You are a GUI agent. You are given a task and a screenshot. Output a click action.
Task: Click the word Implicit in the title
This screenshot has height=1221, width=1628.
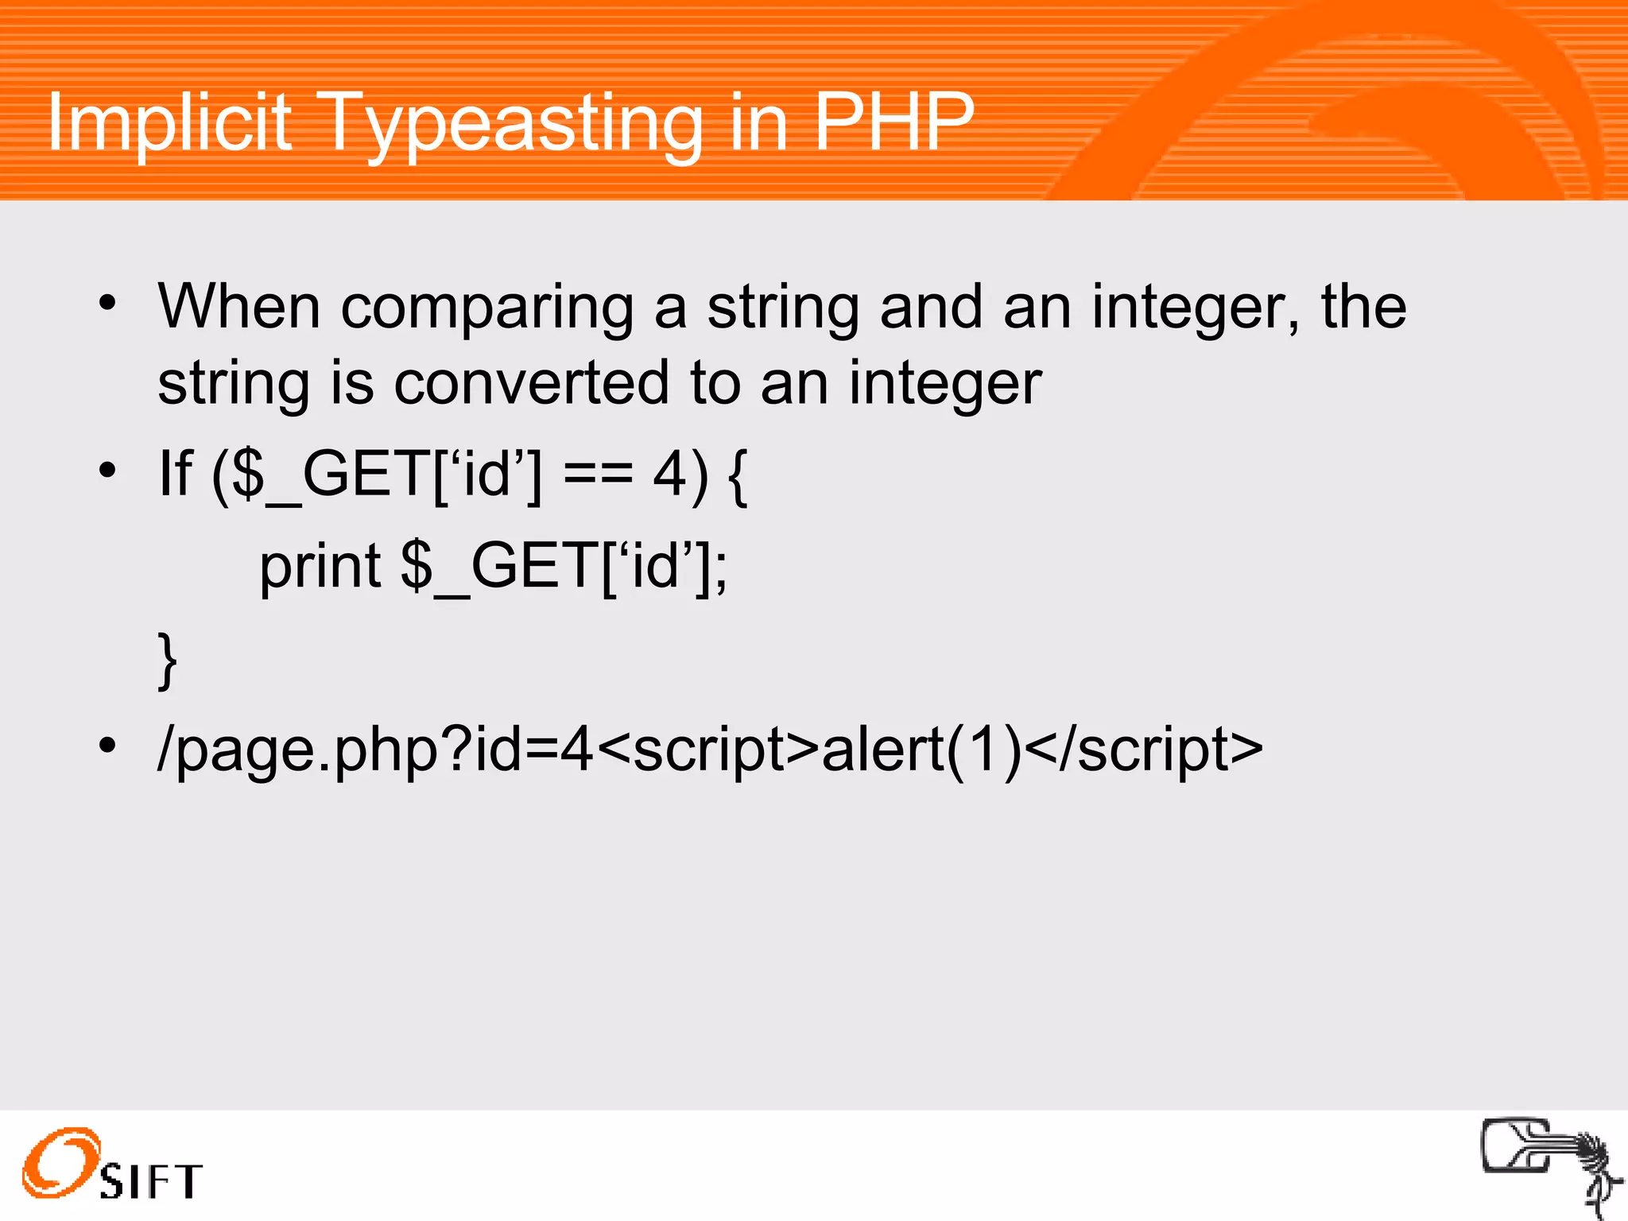pos(169,123)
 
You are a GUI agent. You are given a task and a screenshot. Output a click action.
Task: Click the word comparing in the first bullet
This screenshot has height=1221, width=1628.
pos(486,308)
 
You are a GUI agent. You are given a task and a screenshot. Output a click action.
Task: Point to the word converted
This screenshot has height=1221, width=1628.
pos(531,384)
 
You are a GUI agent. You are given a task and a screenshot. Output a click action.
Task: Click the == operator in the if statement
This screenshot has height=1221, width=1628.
pos(598,475)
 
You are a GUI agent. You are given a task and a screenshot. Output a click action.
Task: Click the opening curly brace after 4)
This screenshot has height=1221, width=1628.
pos(738,476)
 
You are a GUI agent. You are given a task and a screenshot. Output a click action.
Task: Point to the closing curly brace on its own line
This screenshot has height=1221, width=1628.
pos(167,661)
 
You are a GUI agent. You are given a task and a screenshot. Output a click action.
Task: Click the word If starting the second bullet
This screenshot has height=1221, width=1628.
pos(176,474)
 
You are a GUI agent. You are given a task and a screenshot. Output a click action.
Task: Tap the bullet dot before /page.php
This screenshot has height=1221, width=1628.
pos(107,746)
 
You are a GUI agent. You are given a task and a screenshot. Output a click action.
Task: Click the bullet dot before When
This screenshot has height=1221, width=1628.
pos(107,303)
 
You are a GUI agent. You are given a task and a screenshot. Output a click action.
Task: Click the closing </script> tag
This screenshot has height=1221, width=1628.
pos(1145,750)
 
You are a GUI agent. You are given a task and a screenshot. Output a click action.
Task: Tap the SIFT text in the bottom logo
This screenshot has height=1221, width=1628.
pos(151,1181)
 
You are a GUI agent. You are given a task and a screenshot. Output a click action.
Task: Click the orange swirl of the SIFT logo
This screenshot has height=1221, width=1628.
pos(60,1162)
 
